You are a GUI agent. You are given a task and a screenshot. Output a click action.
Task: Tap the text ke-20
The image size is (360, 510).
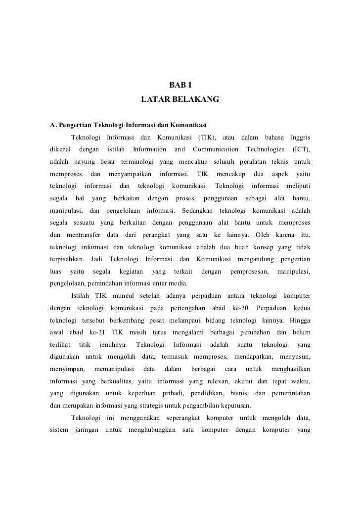pos(242,309)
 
